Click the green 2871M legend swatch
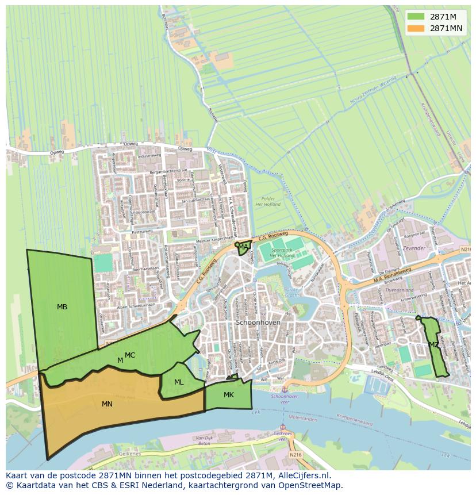(416, 17)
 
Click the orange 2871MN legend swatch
(416, 28)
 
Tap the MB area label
(62, 307)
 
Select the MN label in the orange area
(107, 404)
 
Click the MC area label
(130, 355)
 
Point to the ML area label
(179, 382)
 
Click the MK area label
(229, 395)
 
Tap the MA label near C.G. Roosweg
(243, 247)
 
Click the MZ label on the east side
(433, 345)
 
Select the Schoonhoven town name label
(258, 323)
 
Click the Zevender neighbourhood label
(414, 248)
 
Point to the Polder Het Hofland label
(267, 201)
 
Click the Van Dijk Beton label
(204, 441)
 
